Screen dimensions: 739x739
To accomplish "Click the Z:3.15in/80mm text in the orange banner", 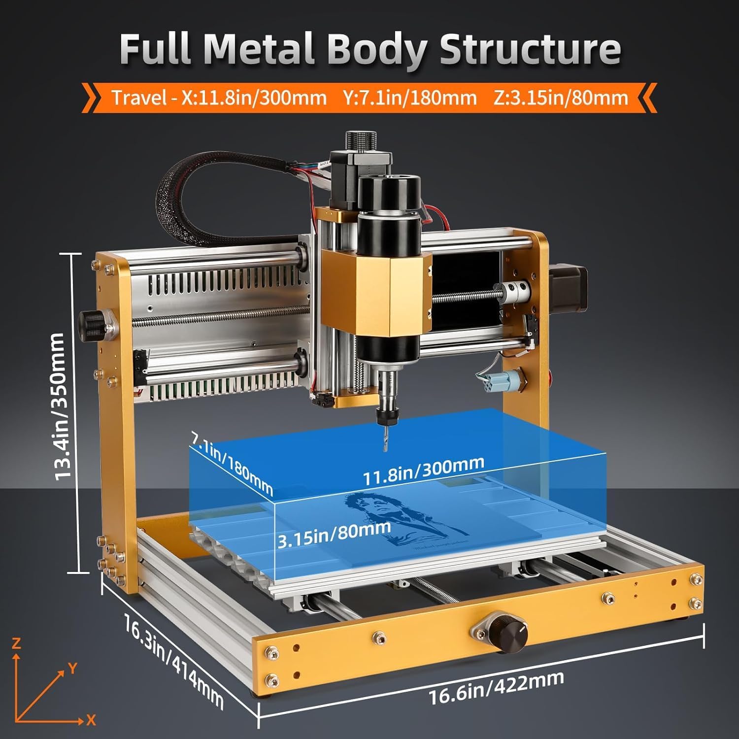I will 561,98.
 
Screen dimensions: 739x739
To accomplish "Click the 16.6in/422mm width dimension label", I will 496,688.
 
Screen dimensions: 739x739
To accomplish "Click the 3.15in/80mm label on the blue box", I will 334,534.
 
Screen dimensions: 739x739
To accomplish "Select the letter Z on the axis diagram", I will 16,643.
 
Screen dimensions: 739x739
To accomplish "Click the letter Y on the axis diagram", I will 72,668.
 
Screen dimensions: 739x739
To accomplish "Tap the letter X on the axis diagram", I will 91,720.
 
